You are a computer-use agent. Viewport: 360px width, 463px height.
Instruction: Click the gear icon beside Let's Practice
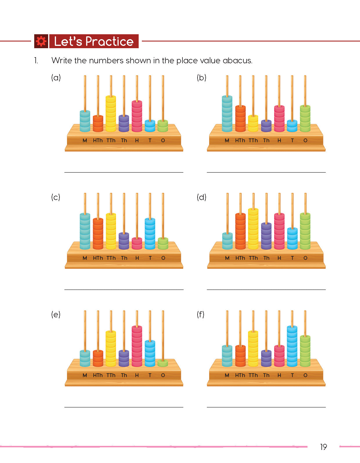coord(41,41)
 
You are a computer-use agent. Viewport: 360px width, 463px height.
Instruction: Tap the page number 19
coord(323,447)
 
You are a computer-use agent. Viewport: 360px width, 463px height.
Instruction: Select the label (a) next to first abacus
coord(56,78)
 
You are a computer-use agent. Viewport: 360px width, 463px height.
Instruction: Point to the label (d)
coord(201,197)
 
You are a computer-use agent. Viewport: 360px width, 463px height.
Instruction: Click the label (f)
coord(200,314)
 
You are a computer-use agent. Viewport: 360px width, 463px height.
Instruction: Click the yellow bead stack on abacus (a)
coord(111,114)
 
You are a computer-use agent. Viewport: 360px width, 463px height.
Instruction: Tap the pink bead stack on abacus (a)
coord(137,116)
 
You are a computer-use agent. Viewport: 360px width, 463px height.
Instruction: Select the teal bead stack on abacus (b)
coord(227,114)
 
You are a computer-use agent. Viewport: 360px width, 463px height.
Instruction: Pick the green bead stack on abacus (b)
coord(305,118)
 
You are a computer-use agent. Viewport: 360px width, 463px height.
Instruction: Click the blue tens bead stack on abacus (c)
coord(150,234)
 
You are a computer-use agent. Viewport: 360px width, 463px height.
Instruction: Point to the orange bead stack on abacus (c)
coord(98,234)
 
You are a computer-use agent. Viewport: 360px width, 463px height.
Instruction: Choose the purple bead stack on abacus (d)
coord(266,236)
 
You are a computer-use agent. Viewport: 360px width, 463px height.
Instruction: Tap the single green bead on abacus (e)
coord(163,363)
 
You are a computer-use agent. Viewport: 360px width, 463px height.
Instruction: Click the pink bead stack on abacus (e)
coord(137,346)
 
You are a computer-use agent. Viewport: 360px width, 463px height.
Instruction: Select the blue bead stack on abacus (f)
coord(292,346)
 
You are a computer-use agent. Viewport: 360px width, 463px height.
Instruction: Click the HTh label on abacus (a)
coord(98,140)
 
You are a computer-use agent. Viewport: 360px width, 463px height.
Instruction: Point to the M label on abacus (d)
coord(227,258)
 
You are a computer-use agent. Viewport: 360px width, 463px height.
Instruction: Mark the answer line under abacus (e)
coord(124,407)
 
